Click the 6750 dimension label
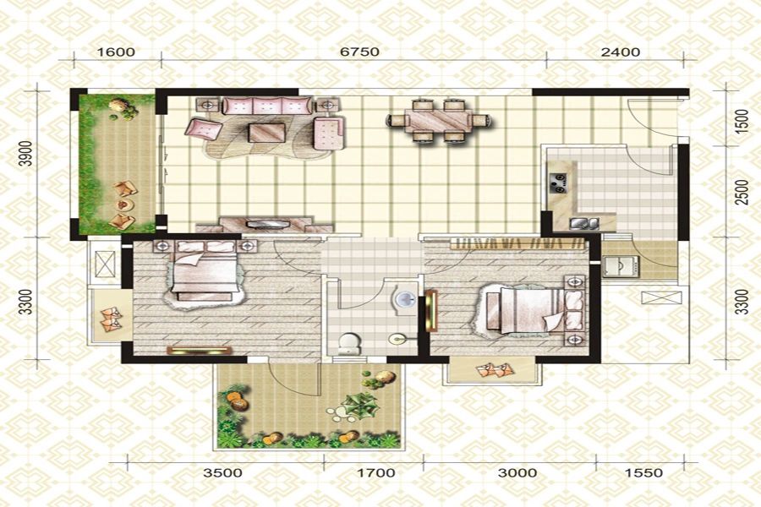point(359,52)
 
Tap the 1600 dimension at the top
point(116,52)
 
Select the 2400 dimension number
point(621,52)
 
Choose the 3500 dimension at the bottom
point(222,472)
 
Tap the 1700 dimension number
point(375,472)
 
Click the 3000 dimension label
point(517,472)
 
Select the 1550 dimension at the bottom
point(643,472)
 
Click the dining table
point(438,120)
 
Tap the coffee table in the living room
point(267,133)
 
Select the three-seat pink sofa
point(267,106)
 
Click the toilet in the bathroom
point(349,342)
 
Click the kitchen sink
point(584,223)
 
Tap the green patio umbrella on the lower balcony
point(360,406)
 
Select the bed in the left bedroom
point(205,272)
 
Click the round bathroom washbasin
point(404,299)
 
